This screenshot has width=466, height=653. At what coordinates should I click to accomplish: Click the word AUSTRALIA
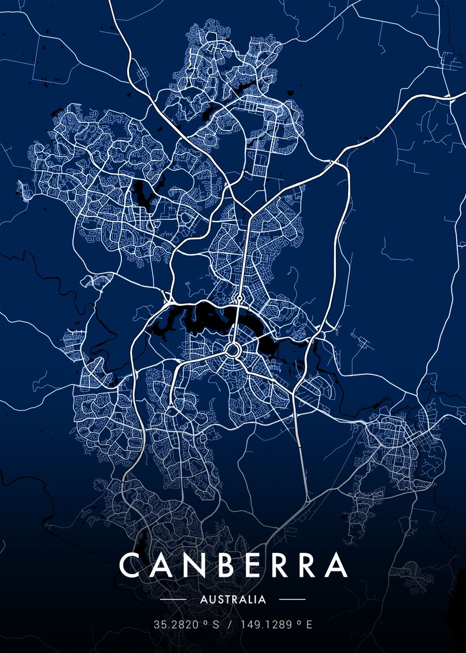(233, 600)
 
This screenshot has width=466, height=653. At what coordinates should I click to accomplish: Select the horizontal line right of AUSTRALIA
(292, 600)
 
